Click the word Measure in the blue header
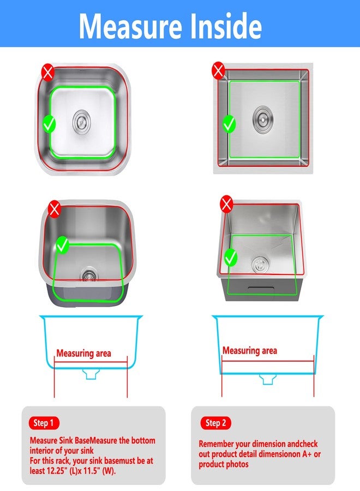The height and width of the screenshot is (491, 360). tap(130, 26)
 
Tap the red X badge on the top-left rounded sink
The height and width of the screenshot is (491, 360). tap(48, 73)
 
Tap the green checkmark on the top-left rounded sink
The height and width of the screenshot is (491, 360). tap(49, 124)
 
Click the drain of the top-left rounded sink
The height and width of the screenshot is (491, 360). tap(82, 121)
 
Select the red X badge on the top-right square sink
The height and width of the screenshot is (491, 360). tap(218, 70)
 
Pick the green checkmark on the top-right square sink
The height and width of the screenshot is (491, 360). tap(229, 124)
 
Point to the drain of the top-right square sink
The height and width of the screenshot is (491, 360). tap(263, 119)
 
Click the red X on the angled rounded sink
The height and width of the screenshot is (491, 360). tap(55, 209)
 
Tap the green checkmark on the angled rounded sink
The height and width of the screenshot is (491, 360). tap(62, 245)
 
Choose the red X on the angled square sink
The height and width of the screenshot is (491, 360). tap(226, 204)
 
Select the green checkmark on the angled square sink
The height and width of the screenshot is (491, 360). tap(231, 258)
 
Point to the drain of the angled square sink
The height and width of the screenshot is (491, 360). tap(259, 265)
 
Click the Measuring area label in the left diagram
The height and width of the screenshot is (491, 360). tap(83, 354)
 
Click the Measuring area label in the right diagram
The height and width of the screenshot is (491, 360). tap(250, 350)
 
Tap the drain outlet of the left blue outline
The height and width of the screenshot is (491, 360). tap(91, 374)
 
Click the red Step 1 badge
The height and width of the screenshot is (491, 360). tap(44, 423)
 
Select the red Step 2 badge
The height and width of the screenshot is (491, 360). tap(215, 423)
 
